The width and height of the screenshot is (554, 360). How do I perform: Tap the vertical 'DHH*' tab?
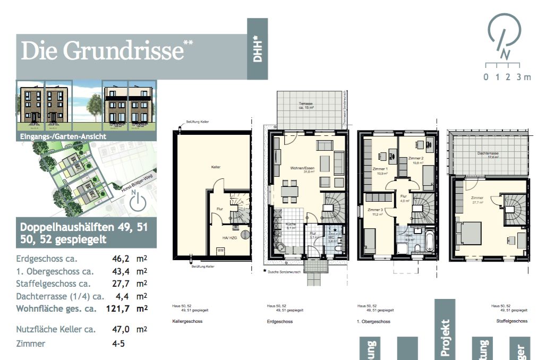coord(258,49)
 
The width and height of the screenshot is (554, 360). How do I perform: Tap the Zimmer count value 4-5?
coord(118,344)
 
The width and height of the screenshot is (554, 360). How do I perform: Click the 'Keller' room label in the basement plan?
coord(215,167)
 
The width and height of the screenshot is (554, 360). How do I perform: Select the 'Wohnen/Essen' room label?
coord(299,169)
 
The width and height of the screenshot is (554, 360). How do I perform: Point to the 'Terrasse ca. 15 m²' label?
coord(305,106)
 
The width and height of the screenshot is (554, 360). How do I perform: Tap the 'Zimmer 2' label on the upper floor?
coord(415,159)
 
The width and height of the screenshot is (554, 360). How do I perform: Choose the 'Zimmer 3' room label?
coord(375,211)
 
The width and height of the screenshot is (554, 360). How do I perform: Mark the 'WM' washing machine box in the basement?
coord(220,250)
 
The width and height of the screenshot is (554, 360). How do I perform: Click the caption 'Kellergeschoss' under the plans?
coord(187,321)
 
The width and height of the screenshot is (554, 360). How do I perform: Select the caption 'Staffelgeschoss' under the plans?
coord(512,321)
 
